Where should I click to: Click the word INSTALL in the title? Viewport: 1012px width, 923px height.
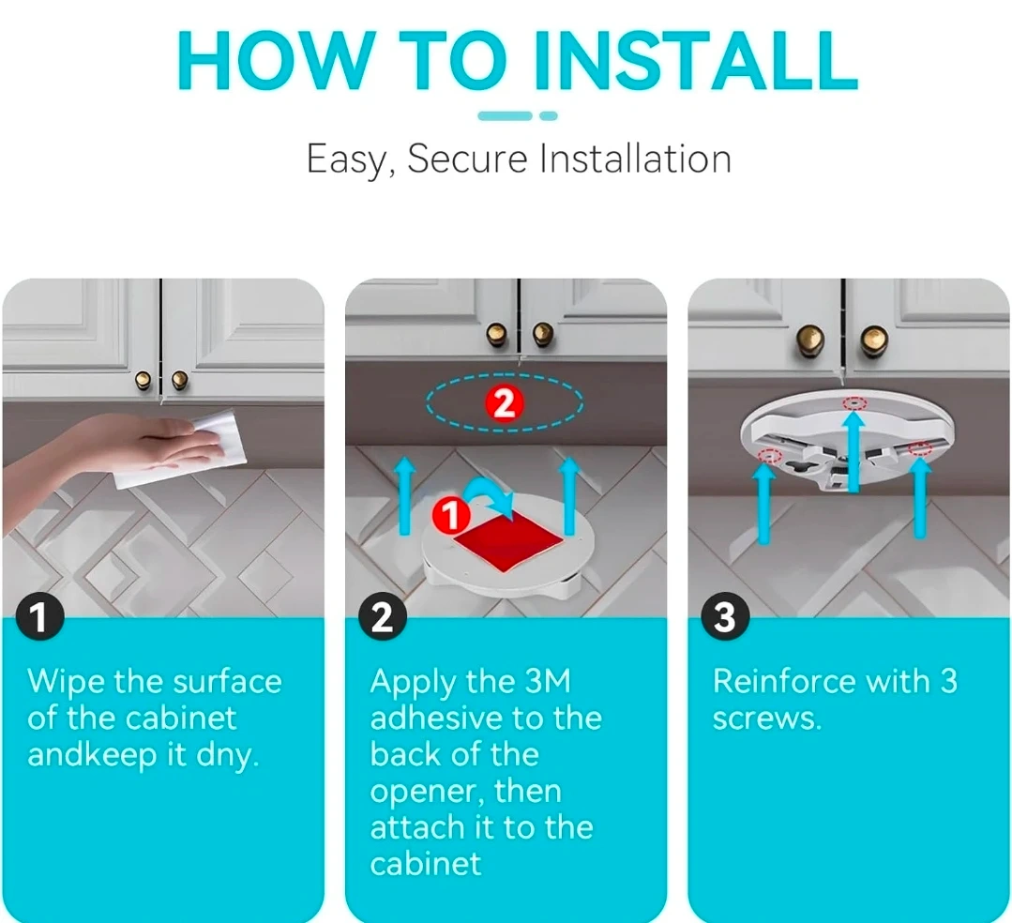click(697, 61)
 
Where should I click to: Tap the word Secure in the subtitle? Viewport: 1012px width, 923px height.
click(467, 159)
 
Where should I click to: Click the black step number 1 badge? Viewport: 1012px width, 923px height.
click(39, 616)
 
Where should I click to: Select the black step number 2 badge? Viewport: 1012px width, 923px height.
click(382, 616)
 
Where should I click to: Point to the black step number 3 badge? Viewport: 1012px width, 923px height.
click(724, 616)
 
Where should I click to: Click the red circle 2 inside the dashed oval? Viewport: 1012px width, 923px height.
click(504, 404)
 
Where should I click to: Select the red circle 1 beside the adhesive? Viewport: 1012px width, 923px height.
click(450, 515)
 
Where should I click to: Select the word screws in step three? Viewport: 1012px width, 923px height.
click(767, 719)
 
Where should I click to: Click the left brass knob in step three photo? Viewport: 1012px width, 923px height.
click(810, 339)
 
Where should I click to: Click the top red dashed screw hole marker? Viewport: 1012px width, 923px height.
click(855, 403)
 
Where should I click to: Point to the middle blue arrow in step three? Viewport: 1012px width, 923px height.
click(853, 450)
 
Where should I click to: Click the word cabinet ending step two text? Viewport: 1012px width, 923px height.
click(425, 864)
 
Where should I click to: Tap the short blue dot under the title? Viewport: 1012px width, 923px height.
click(548, 116)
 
